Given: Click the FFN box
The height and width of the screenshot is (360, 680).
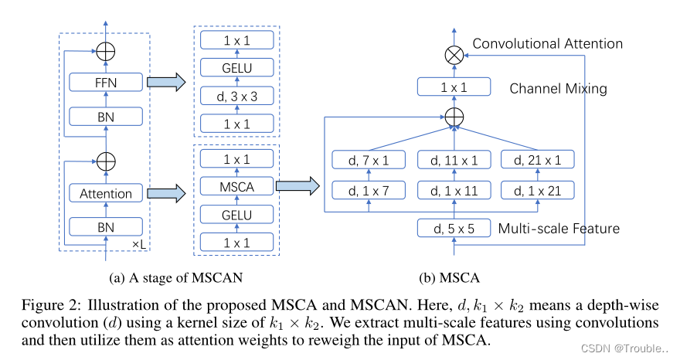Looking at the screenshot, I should coord(105,82).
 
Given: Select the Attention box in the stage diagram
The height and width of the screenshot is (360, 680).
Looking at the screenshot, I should coord(105,193).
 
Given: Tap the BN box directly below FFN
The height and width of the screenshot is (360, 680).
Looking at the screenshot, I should coord(105,116).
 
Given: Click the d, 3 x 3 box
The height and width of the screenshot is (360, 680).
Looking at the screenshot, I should coord(236,96).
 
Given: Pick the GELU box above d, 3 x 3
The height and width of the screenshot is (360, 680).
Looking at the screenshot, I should coord(236,68).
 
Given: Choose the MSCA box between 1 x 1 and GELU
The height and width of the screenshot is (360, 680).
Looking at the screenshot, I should coord(236,185).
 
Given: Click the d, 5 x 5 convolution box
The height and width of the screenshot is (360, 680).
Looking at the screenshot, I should coord(454,229).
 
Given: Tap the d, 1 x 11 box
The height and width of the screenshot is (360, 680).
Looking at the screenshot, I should coord(454,189).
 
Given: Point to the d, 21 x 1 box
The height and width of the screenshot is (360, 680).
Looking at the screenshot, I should coord(539,160).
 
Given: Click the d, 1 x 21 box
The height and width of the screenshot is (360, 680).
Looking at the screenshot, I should coord(539,189).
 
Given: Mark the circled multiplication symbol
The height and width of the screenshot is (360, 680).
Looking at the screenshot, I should coord(454,54).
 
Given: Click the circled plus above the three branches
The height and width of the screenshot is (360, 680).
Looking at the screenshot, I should coord(454,117).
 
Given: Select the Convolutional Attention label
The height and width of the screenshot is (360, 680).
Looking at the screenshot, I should coord(547,43).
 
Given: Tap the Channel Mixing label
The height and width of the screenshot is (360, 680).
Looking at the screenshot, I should coord(558,88).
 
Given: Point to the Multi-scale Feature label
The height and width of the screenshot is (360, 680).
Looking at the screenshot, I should coord(559,229).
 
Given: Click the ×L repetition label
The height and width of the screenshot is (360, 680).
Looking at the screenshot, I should coord(138,243).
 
